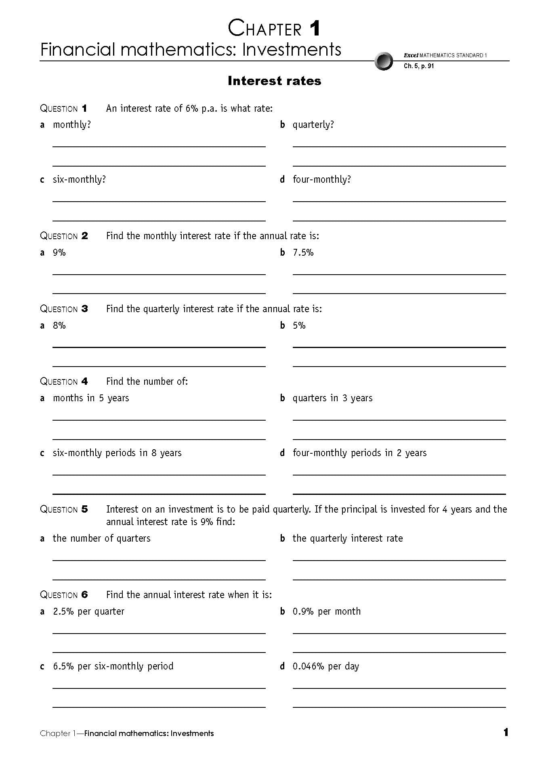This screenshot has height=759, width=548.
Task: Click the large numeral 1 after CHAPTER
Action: click(315, 29)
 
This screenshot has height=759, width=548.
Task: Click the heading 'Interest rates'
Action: click(274, 81)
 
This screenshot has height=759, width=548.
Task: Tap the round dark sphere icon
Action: click(383, 61)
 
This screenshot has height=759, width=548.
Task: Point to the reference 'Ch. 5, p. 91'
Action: click(419, 66)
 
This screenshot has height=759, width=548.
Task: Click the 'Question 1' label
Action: click(63, 108)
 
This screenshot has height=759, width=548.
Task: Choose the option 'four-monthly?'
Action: click(321, 179)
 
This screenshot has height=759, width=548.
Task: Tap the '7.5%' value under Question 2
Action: click(303, 252)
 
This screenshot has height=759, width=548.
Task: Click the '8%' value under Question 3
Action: click(59, 325)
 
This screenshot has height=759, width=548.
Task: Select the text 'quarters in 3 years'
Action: click(332, 398)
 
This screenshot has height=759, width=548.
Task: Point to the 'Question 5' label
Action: click(63, 509)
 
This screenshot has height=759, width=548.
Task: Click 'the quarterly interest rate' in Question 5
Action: click(347, 538)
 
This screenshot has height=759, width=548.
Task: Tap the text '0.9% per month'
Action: click(326, 611)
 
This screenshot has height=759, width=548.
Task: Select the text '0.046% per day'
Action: click(325, 666)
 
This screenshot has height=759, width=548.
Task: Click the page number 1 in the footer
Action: click(506, 732)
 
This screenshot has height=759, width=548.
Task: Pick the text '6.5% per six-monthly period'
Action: click(113, 666)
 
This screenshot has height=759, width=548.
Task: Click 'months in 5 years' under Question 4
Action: click(91, 398)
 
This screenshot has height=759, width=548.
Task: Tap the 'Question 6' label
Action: click(63, 595)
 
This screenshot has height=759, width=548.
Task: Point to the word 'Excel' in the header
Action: click(411, 55)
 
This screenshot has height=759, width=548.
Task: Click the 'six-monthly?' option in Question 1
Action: click(79, 179)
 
